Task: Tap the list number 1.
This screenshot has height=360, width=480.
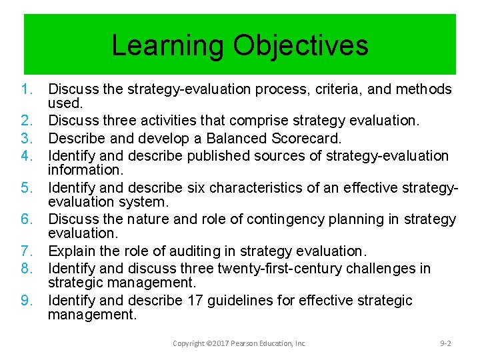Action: tap(28, 89)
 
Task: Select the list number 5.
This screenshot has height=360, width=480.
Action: tap(28, 187)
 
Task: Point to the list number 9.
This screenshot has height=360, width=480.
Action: tap(28, 301)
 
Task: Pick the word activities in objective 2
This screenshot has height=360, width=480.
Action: tap(173, 121)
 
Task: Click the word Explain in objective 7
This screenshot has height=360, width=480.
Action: tap(71, 251)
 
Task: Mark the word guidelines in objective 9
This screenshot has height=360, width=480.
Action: tap(239, 301)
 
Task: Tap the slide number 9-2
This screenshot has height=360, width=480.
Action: tap(445, 343)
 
